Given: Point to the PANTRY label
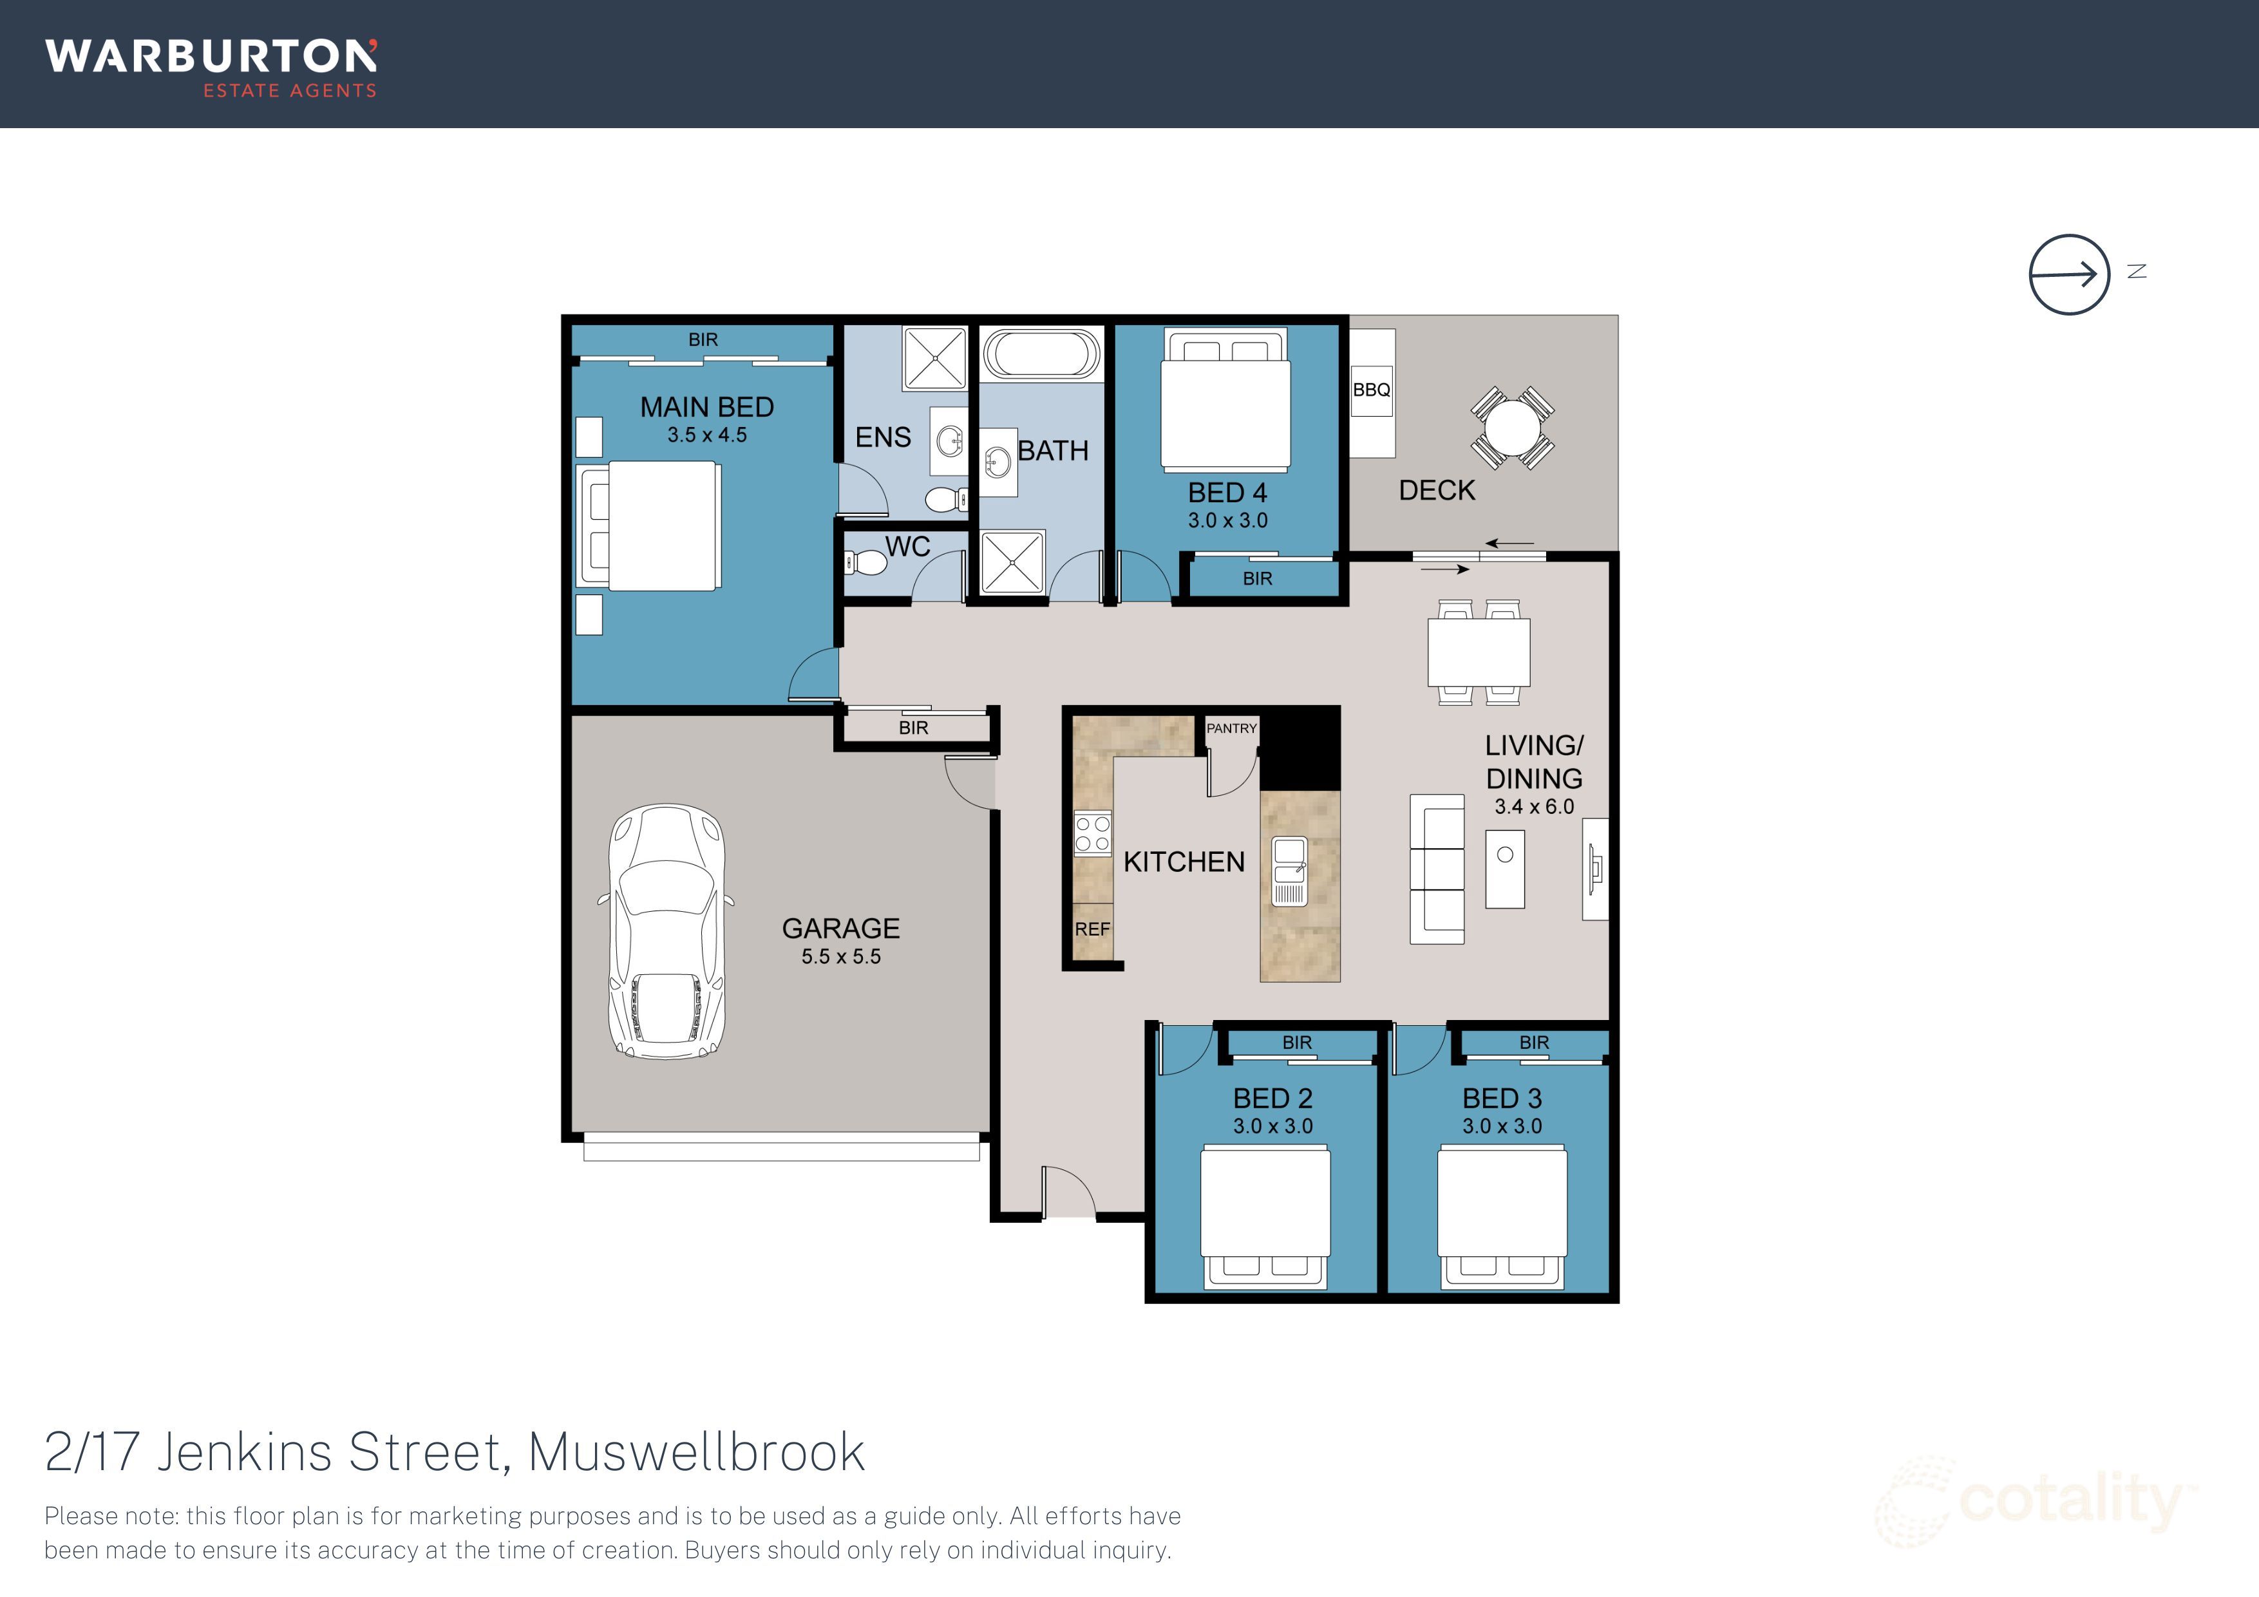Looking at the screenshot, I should [1231, 728].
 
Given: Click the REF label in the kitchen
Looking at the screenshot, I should [1092, 929].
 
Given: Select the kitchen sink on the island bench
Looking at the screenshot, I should [1290, 871].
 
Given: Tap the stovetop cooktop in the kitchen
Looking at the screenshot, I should [1092, 833].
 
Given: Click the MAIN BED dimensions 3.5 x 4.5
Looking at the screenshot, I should [706, 435].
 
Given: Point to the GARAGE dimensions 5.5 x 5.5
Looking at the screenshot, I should [840, 956].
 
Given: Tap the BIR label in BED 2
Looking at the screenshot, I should [1297, 1042].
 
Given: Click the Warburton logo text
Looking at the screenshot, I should [211, 57].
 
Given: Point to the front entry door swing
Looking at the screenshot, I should [1068, 1191].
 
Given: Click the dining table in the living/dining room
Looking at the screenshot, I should [1479, 652].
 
